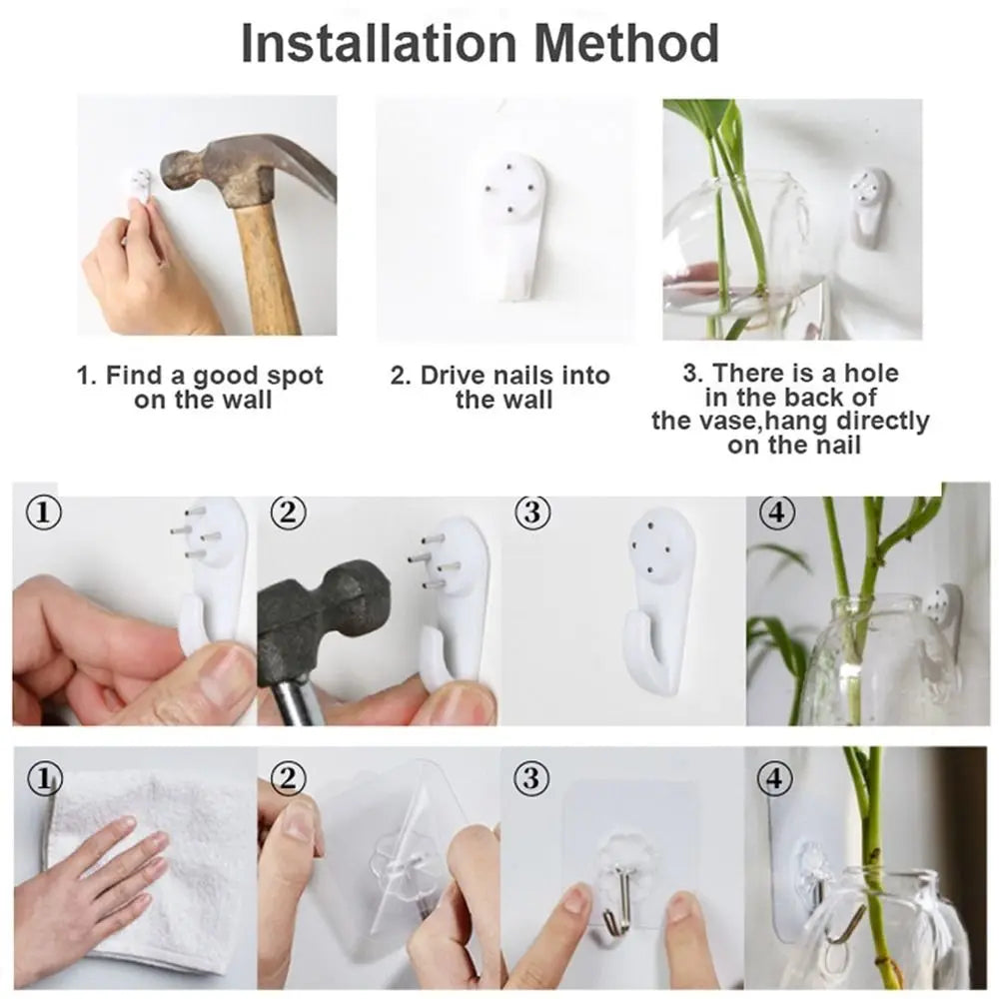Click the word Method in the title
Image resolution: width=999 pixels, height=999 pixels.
pyautogui.click(x=626, y=43)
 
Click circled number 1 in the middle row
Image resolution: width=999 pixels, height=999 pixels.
pyautogui.click(x=43, y=512)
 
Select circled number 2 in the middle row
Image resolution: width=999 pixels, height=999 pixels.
pyautogui.click(x=288, y=512)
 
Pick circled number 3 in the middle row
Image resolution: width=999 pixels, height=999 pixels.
pyautogui.click(x=532, y=512)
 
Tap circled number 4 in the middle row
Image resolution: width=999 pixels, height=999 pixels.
pyautogui.click(x=776, y=512)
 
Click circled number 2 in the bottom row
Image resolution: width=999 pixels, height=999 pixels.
pyautogui.click(x=288, y=778)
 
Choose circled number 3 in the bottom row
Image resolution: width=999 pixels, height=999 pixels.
pyautogui.click(x=530, y=778)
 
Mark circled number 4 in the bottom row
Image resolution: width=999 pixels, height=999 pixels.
pyautogui.click(x=775, y=778)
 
